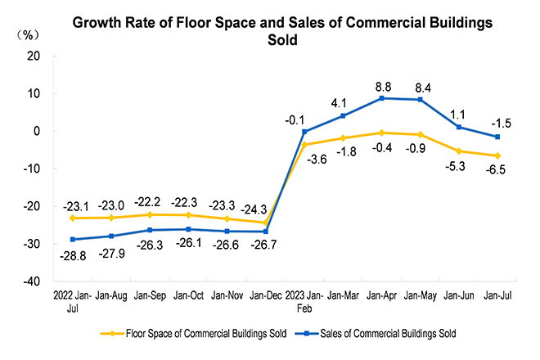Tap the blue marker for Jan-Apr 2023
tap(380, 98)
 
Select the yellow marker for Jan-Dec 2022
tap(266, 223)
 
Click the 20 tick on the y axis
tap(34, 56)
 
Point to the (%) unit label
tap(29, 34)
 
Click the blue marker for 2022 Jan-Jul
tap(73, 239)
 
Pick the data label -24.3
tap(266, 207)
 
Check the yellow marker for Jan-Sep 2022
tap(150, 214)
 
